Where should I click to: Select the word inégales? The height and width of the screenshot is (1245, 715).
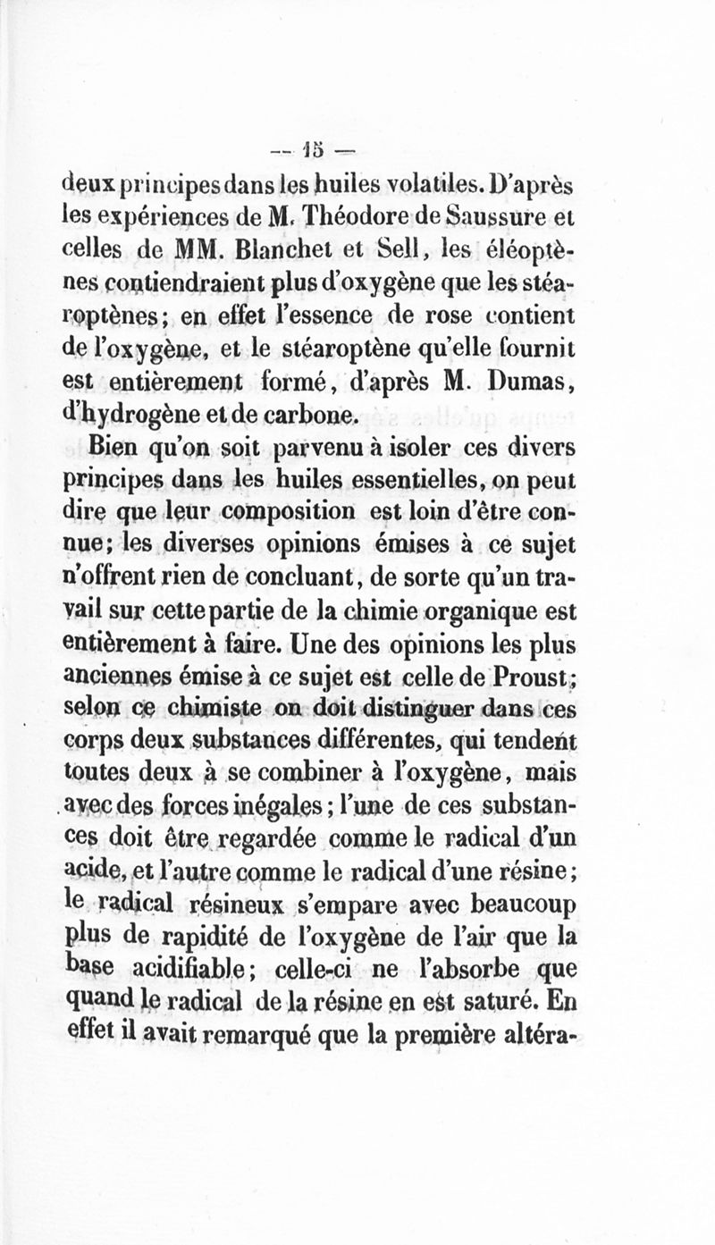point(262,804)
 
